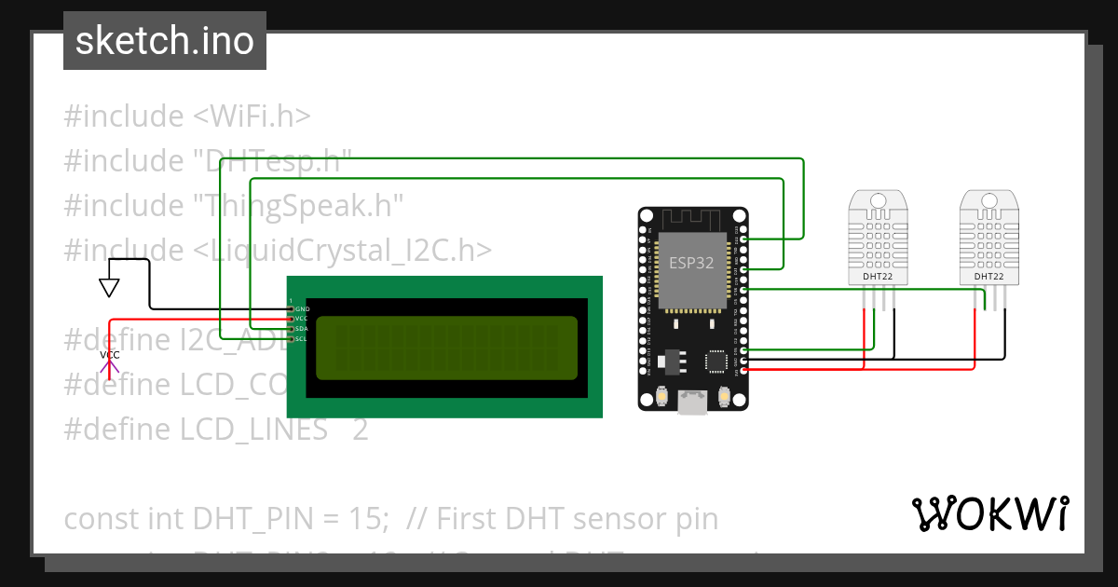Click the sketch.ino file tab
164,41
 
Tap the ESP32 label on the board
691,263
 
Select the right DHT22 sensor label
988,277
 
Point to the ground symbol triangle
110,288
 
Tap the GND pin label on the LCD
302,308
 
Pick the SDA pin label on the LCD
302,329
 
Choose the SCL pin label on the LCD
302,339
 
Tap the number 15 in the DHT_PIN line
368,518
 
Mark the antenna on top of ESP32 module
692,221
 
